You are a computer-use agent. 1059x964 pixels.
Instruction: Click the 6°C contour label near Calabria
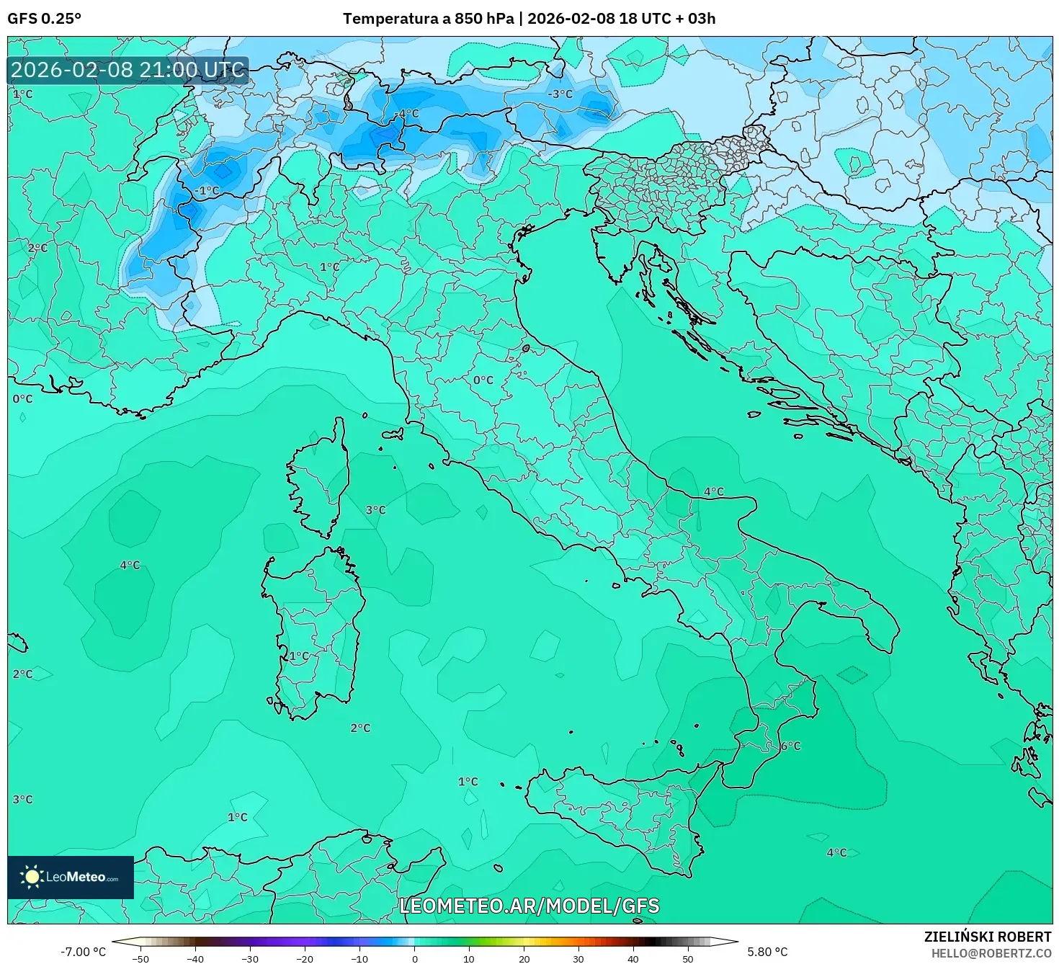[x=790, y=746]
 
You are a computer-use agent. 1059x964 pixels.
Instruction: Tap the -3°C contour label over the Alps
[x=560, y=94]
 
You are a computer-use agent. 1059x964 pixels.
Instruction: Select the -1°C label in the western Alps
[x=207, y=191]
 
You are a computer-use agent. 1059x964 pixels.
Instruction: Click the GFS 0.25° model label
[x=45, y=19]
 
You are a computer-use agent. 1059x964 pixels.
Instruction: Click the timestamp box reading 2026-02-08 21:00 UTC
[x=128, y=70]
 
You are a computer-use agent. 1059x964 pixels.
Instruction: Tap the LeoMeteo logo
[x=71, y=877]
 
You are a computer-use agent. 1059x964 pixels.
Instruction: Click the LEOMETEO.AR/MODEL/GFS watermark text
[x=529, y=906]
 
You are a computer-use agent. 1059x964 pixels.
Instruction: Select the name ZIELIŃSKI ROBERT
[x=987, y=937]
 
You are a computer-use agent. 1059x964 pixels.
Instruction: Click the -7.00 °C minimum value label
[x=83, y=952]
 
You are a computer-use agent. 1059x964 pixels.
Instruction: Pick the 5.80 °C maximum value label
[x=767, y=952]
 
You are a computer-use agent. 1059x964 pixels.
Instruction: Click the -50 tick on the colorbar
[x=140, y=959]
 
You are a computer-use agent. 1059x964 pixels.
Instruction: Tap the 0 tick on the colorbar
[x=414, y=959]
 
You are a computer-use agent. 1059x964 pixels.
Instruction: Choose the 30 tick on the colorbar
[x=578, y=959]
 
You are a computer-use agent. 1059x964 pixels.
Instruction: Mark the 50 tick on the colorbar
[x=688, y=959]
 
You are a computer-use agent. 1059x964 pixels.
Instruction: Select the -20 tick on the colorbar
[x=305, y=959]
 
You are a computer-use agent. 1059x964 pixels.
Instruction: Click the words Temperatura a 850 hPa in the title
[x=428, y=19]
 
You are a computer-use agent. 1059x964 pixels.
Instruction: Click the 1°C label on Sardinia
[x=298, y=656]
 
